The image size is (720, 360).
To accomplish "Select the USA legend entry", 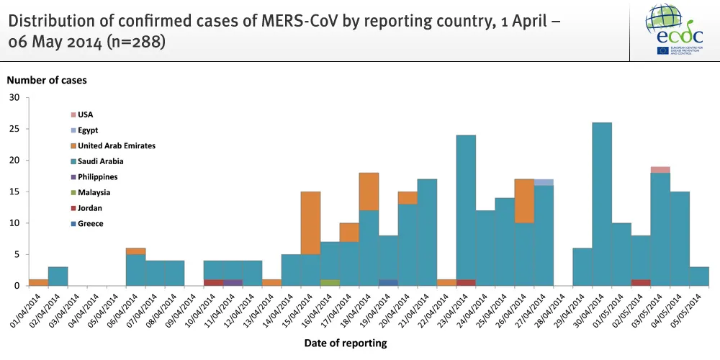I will [x=85, y=114].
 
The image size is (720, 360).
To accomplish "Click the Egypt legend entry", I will [x=88, y=130].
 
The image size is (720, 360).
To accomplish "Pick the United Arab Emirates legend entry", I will [x=116, y=145].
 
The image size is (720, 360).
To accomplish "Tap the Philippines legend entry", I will [x=97, y=176].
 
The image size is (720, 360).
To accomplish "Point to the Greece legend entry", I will [x=90, y=223].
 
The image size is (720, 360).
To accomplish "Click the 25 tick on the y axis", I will [x=15, y=130].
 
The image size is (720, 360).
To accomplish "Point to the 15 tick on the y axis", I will [x=15, y=192].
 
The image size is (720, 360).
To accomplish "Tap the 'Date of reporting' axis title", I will [x=345, y=343].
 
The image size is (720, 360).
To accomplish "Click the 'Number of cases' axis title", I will [x=47, y=81].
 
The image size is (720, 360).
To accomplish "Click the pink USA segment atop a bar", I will [x=660, y=170].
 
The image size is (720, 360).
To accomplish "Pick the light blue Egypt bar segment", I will [x=544, y=182].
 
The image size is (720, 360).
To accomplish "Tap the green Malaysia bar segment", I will [x=330, y=282].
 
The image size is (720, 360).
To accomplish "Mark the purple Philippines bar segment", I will [x=233, y=282].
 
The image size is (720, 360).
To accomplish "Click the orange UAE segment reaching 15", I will [x=310, y=222].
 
